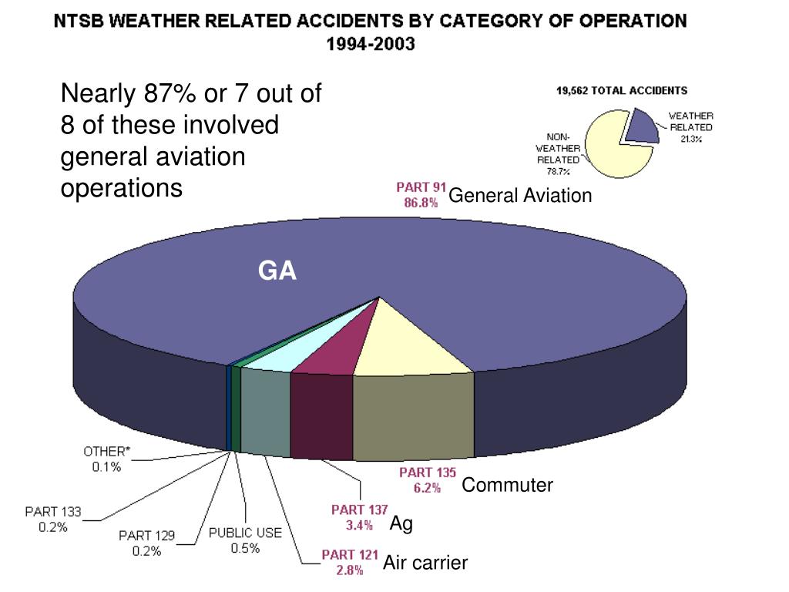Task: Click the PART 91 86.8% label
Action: coord(421,195)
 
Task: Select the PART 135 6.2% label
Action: coord(427,480)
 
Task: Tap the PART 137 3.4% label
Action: coord(359,517)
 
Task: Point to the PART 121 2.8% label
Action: coord(349,562)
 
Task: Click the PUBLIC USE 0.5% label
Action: coord(245,540)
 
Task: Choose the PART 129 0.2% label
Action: coord(146,543)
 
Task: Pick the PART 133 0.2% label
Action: coord(53,520)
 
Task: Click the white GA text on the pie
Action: coord(277,271)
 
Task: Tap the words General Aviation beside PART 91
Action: coord(520,196)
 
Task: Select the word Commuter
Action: coord(507,486)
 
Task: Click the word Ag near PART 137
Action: coord(401,524)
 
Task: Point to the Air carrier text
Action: coord(425,563)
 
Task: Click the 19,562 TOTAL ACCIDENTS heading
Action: coord(622,91)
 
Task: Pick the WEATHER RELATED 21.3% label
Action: coord(690,127)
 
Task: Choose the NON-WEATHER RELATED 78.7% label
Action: coord(557,153)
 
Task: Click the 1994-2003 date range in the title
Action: coord(370,44)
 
